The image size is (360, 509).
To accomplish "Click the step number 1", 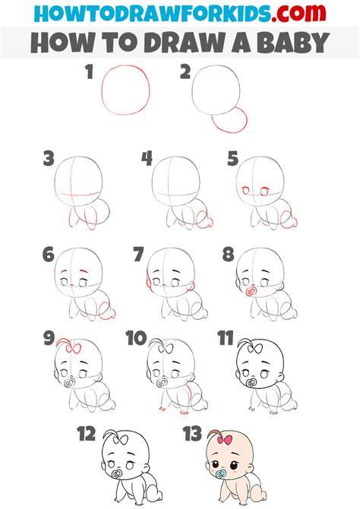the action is point(90,71).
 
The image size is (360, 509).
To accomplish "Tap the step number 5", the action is point(232,159).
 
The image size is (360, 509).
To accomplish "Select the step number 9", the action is point(49,338).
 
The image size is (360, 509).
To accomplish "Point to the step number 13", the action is point(192,434).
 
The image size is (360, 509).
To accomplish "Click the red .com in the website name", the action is point(298,13).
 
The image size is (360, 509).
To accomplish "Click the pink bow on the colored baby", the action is point(224,440).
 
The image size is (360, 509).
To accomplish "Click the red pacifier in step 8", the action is point(250,291).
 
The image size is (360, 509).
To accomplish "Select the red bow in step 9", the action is point(74,349).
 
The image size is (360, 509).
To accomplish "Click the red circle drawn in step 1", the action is point(102,90).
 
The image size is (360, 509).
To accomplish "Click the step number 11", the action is point(226,338).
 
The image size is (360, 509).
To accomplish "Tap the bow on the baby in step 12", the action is point(120,440).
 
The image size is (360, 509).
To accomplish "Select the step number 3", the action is point(49,159).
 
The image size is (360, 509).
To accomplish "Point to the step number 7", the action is point(138,254).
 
